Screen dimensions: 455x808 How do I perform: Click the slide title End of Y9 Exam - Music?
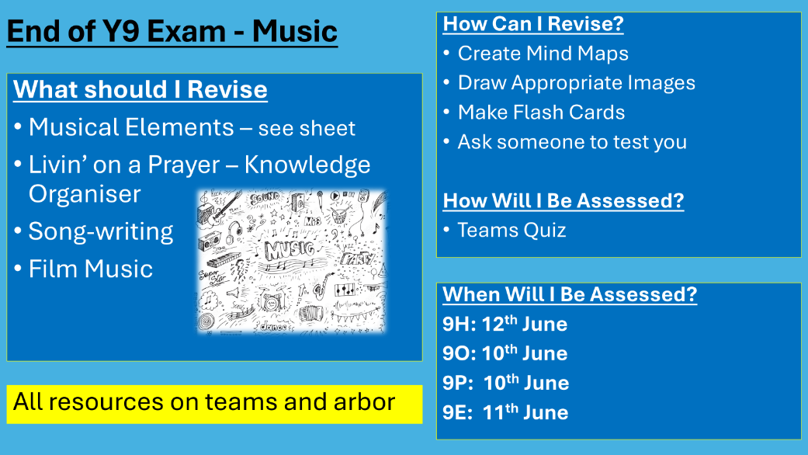[172, 32]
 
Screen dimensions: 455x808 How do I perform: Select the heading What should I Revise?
[140, 89]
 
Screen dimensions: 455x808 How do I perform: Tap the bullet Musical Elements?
[131, 127]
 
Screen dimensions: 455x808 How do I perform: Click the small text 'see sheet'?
[307, 129]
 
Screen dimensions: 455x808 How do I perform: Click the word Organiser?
[85, 194]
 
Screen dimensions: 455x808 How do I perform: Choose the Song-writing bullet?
[101, 231]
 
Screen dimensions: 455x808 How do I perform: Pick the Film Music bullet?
[91, 269]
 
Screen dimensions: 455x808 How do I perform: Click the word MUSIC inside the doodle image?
[290, 251]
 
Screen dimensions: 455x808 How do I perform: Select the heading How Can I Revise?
[532, 24]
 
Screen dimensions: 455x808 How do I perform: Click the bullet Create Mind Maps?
[543, 54]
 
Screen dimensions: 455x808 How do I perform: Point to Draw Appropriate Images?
[576, 83]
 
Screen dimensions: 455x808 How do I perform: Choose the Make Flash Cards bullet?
[541, 113]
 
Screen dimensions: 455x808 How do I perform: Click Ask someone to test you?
[572, 142]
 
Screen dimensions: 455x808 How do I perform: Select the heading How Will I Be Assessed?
[563, 201]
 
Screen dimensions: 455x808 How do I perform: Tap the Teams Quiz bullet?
[512, 231]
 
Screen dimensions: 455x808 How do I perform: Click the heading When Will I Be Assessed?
[569, 295]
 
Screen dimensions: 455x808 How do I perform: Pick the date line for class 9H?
[505, 325]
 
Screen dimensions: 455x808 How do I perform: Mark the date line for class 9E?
[505, 412]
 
